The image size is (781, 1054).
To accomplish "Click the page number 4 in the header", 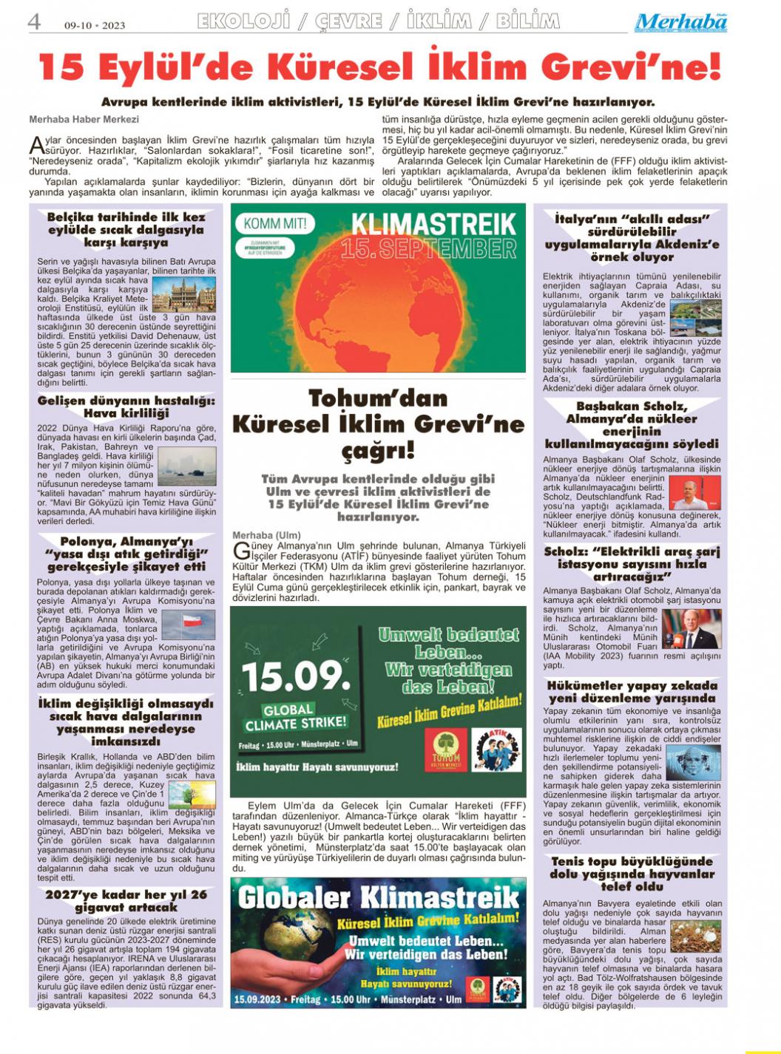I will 33,21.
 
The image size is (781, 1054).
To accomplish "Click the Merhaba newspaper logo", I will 680,22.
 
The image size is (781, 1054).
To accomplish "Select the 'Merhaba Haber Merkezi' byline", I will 84,119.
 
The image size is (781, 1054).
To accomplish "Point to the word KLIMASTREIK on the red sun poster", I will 433,223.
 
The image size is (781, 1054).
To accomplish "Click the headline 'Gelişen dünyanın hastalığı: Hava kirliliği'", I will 126,407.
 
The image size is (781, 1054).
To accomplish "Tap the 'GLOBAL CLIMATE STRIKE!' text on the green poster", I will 295,716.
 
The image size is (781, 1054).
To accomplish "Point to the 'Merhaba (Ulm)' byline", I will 267,535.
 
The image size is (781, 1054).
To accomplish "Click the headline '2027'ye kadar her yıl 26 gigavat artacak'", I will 126,900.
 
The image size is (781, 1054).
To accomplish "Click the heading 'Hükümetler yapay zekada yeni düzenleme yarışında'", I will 632,692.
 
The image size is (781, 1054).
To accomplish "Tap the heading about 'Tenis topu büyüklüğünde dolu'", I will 632,874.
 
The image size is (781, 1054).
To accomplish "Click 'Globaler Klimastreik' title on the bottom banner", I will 379,897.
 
